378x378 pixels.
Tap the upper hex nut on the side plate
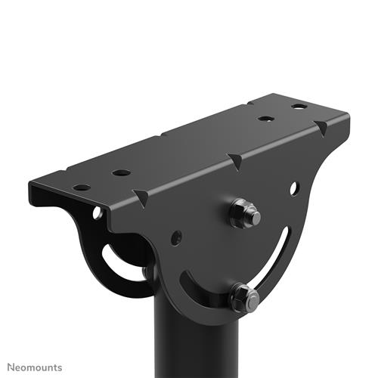(x=243, y=213)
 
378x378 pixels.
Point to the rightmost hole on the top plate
(x=299, y=106)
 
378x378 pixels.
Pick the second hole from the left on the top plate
(x=122, y=172)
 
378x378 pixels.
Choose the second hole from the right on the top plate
(x=265, y=119)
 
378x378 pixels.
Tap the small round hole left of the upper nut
(x=177, y=237)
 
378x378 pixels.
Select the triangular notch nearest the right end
(x=323, y=129)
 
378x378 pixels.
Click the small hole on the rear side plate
(x=98, y=214)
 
